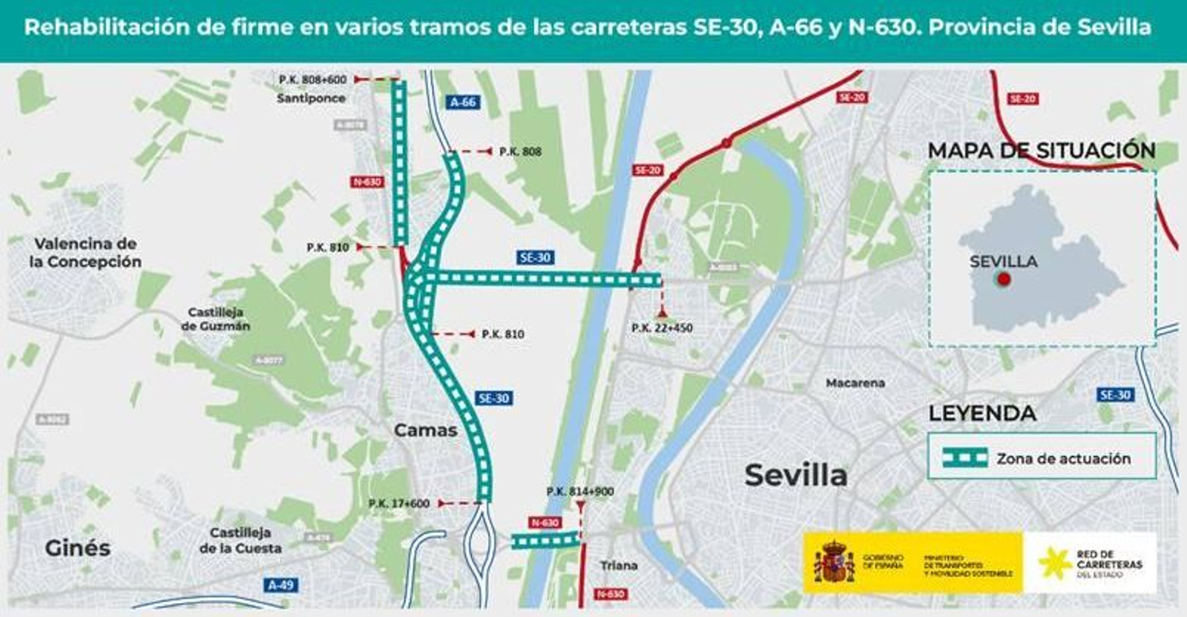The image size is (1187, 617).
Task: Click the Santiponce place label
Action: pos(311,98)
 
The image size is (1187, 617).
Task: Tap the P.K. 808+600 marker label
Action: pos(312,79)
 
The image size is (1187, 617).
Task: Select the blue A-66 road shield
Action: pos(463,102)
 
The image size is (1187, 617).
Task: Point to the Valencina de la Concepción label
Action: pos(85,253)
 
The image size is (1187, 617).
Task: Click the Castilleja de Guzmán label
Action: pos(215,319)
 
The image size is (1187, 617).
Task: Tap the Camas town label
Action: pos(425,430)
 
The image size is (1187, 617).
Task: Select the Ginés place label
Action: pos(77,548)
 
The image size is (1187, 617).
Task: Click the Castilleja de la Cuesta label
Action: pos(240,541)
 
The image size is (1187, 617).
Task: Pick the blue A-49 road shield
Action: pos(280,585)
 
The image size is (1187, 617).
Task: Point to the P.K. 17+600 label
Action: pos(398,504)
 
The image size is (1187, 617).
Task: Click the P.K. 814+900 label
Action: pos(579,492)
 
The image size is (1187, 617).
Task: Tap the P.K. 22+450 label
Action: pos(662,328)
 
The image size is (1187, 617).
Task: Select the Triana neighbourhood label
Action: pos(619,565)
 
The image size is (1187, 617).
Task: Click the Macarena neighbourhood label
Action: pos(855,383)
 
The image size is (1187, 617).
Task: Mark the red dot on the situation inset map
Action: pos(1004,280)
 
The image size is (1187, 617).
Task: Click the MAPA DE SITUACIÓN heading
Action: pos(1041,151)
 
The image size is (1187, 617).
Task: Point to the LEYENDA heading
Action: pos(982,413)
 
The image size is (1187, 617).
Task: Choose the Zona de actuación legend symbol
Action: pos(964,458)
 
